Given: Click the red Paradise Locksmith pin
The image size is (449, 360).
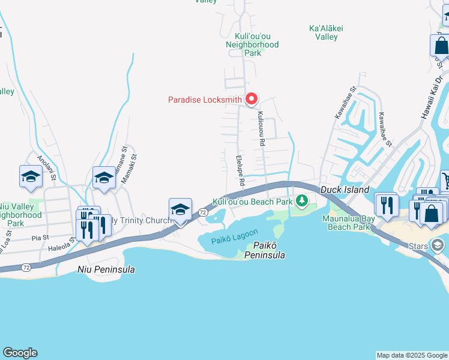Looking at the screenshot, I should [x=252, y=98].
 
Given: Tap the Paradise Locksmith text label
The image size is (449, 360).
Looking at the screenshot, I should [x=205, y=100].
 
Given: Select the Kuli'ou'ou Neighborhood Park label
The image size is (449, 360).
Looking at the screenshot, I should [x=252, y=44].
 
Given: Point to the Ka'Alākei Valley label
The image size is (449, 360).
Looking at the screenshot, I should [x=323, y=32].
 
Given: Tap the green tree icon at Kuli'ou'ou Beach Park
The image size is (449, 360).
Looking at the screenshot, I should [x=304, y=200].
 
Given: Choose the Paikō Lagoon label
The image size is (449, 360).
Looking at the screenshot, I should [x=235, y=236].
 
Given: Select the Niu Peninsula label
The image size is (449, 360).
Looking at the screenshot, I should [x=106, y=269].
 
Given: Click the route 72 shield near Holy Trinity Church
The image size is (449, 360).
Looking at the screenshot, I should [x=203, y=212].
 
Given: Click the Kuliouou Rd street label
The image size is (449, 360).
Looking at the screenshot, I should [x=261, y=130].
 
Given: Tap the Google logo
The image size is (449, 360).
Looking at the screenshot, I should [x=20, y=353].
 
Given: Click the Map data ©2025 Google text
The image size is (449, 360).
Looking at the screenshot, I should [x=411, y=355].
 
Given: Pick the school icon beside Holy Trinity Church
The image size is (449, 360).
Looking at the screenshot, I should [x=180, y=209].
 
